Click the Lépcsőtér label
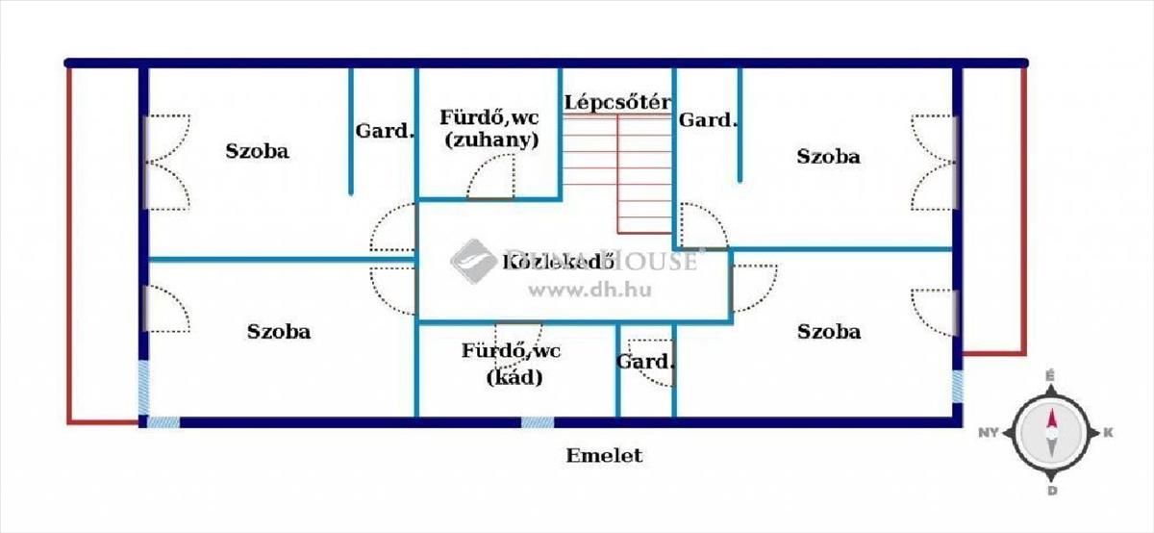pos(616,101)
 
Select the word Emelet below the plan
pos(603,456)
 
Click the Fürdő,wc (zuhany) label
pos(489,128)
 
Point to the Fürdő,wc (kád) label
pos(511,364)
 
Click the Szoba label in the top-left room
pos(258,151)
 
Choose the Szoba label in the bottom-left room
pos(279,332)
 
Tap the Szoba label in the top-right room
pos(828,156)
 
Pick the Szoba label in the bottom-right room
pos(829,332)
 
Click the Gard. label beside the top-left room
pos(384,130)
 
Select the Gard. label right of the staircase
pos(707,120)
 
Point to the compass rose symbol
pos(1052,432)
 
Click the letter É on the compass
pos(1051,376)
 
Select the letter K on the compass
pos(1108,433)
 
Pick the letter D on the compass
pos(1052,491)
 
